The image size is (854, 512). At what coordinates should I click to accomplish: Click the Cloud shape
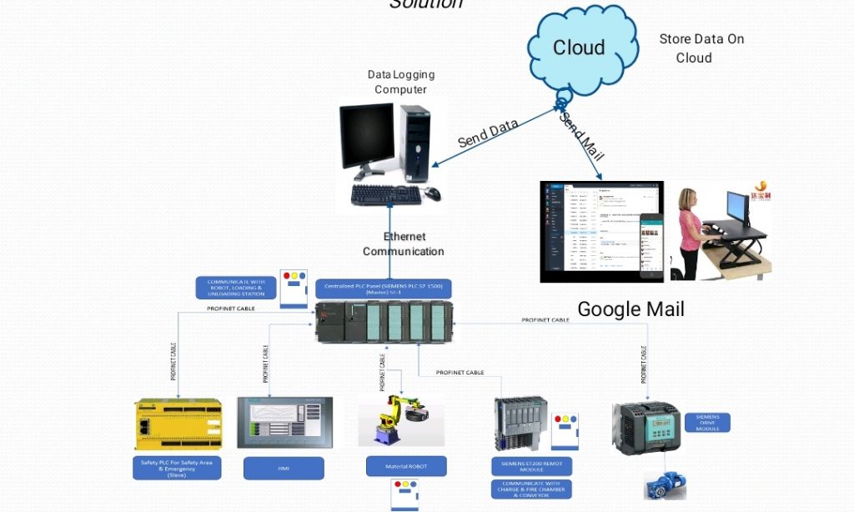[x=579, y=48]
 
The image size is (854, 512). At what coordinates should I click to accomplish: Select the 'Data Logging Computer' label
[x=401, y=82]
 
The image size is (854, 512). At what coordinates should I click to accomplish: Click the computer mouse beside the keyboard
[x=432, y=193]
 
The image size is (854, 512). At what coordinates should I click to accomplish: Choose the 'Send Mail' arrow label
[x=581, y=135]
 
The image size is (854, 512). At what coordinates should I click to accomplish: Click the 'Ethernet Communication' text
[x=403, y=244]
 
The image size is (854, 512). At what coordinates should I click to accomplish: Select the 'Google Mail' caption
[x=630, y=309]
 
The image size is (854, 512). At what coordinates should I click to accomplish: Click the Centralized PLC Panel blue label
[x=383, y=289]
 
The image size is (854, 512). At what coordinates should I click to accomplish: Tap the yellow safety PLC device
[x=178, y=424]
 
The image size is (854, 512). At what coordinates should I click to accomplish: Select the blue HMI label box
[x=283, y=469]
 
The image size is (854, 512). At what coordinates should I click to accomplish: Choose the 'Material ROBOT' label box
[x=406, y=466]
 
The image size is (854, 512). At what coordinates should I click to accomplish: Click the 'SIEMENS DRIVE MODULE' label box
[x=707, y=422]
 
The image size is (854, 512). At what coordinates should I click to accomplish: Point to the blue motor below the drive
[x=665, y=486]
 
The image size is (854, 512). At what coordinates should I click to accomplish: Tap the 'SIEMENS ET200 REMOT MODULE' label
[x=531, y=465]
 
